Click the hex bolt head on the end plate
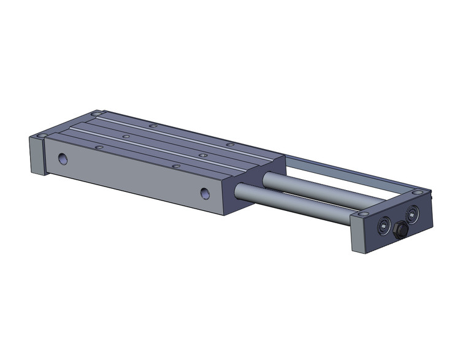point(402,230)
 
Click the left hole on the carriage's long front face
point(63,159)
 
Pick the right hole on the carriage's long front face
point(205,194)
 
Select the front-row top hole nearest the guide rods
point(175,166)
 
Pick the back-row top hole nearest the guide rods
point(230,144)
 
